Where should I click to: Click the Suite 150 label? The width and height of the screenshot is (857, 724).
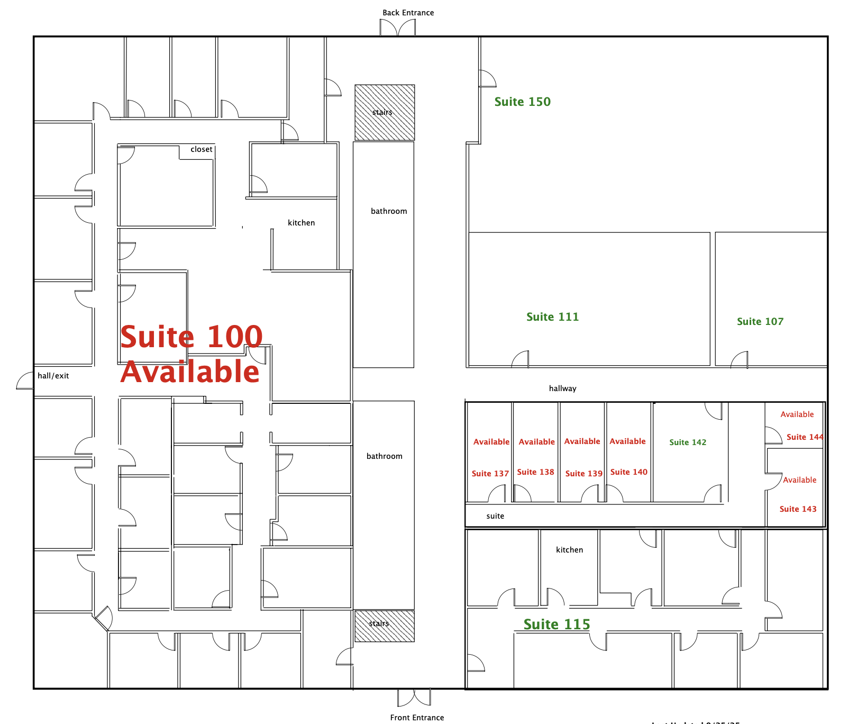coord(522,102)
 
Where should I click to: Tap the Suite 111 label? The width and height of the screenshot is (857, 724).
coord(552,317)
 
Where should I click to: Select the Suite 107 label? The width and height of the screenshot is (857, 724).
coord(760,322)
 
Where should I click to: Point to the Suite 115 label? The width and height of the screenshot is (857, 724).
coord(557,625)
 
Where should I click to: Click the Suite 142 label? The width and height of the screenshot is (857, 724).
coord(687,442)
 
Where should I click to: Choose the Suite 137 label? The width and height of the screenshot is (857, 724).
coord(490,474)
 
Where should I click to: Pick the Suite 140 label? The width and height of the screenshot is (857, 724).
coord(628,472)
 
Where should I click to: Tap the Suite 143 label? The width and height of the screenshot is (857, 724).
coord(798,509)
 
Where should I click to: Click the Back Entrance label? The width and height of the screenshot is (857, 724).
coord(408,13)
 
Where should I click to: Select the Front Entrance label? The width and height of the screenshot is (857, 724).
coord(417,718)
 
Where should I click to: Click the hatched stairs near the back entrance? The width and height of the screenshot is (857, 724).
coord(385,113)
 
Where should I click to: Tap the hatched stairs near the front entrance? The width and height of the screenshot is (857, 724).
coord(385,626)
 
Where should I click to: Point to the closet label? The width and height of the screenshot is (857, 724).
coord(202,150)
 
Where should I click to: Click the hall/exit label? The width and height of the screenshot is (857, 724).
coord(53,376)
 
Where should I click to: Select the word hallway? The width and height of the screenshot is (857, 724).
coord(562,388)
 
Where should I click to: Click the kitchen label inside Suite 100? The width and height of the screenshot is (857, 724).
coord(301,223)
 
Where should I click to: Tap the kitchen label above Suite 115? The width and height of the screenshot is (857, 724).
coord(569,550)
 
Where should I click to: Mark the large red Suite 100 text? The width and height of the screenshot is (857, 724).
coord(192,337)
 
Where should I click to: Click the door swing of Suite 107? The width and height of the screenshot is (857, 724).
coord(740,360)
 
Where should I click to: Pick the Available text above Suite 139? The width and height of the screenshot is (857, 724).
coord(582,441)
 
